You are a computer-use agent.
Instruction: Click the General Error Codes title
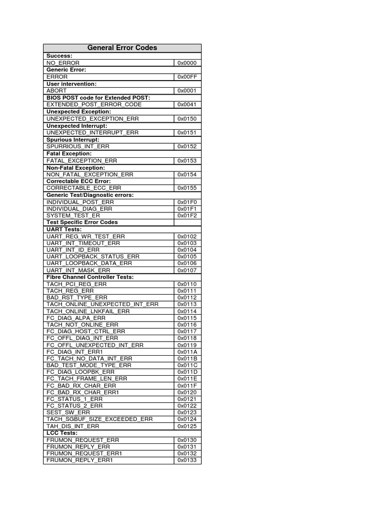(x=122, y=48)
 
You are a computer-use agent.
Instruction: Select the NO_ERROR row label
(x=63, y=63)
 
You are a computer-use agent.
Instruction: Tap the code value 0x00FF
(x=187, y=77)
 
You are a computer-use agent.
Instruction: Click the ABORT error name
(x=57, y=91)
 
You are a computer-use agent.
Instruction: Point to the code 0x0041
(x=187, y=105)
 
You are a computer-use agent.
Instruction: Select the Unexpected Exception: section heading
(x=79, y=112)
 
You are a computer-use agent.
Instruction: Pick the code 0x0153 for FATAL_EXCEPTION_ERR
(x=187, y=161)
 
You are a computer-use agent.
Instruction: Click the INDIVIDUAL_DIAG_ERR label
(x=80, y=209)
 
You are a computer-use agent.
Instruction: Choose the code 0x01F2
(x=187, y=215)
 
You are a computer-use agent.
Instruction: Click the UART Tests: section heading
(x=64, y=229)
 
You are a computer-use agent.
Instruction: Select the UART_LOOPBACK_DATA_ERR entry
(x=89, y=263)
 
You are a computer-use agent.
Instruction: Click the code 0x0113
(x=187, y=304)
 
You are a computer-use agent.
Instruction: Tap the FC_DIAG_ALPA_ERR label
(x=76, y=318)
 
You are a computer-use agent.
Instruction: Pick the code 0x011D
(x=187, y=372)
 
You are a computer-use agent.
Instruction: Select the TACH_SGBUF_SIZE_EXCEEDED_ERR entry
(x=99, y=419)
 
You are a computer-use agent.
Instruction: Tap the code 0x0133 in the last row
(x=187, y=460)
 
